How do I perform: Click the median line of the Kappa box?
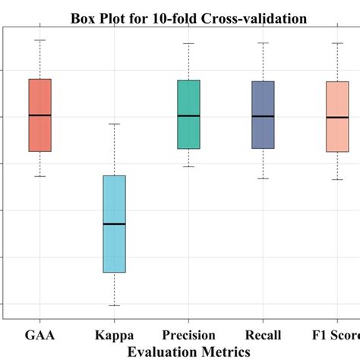click(x=114, y=224)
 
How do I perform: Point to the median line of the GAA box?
click(x=39, y=115)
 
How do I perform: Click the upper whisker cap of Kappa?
click(x=114, y=124)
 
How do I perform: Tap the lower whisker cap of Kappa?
click(x=114, y=305)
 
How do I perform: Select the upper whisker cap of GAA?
click(x=39, y=39)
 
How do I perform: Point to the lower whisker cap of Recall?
click(x=263, y=178)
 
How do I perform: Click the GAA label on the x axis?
click(x=39, y=335)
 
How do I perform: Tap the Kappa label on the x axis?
click(x=114, y=335)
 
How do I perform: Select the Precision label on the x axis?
click(x=188, y=335)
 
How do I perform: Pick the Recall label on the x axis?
click(x=263, y=335)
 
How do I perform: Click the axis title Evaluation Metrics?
click(x=189, y=351)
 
